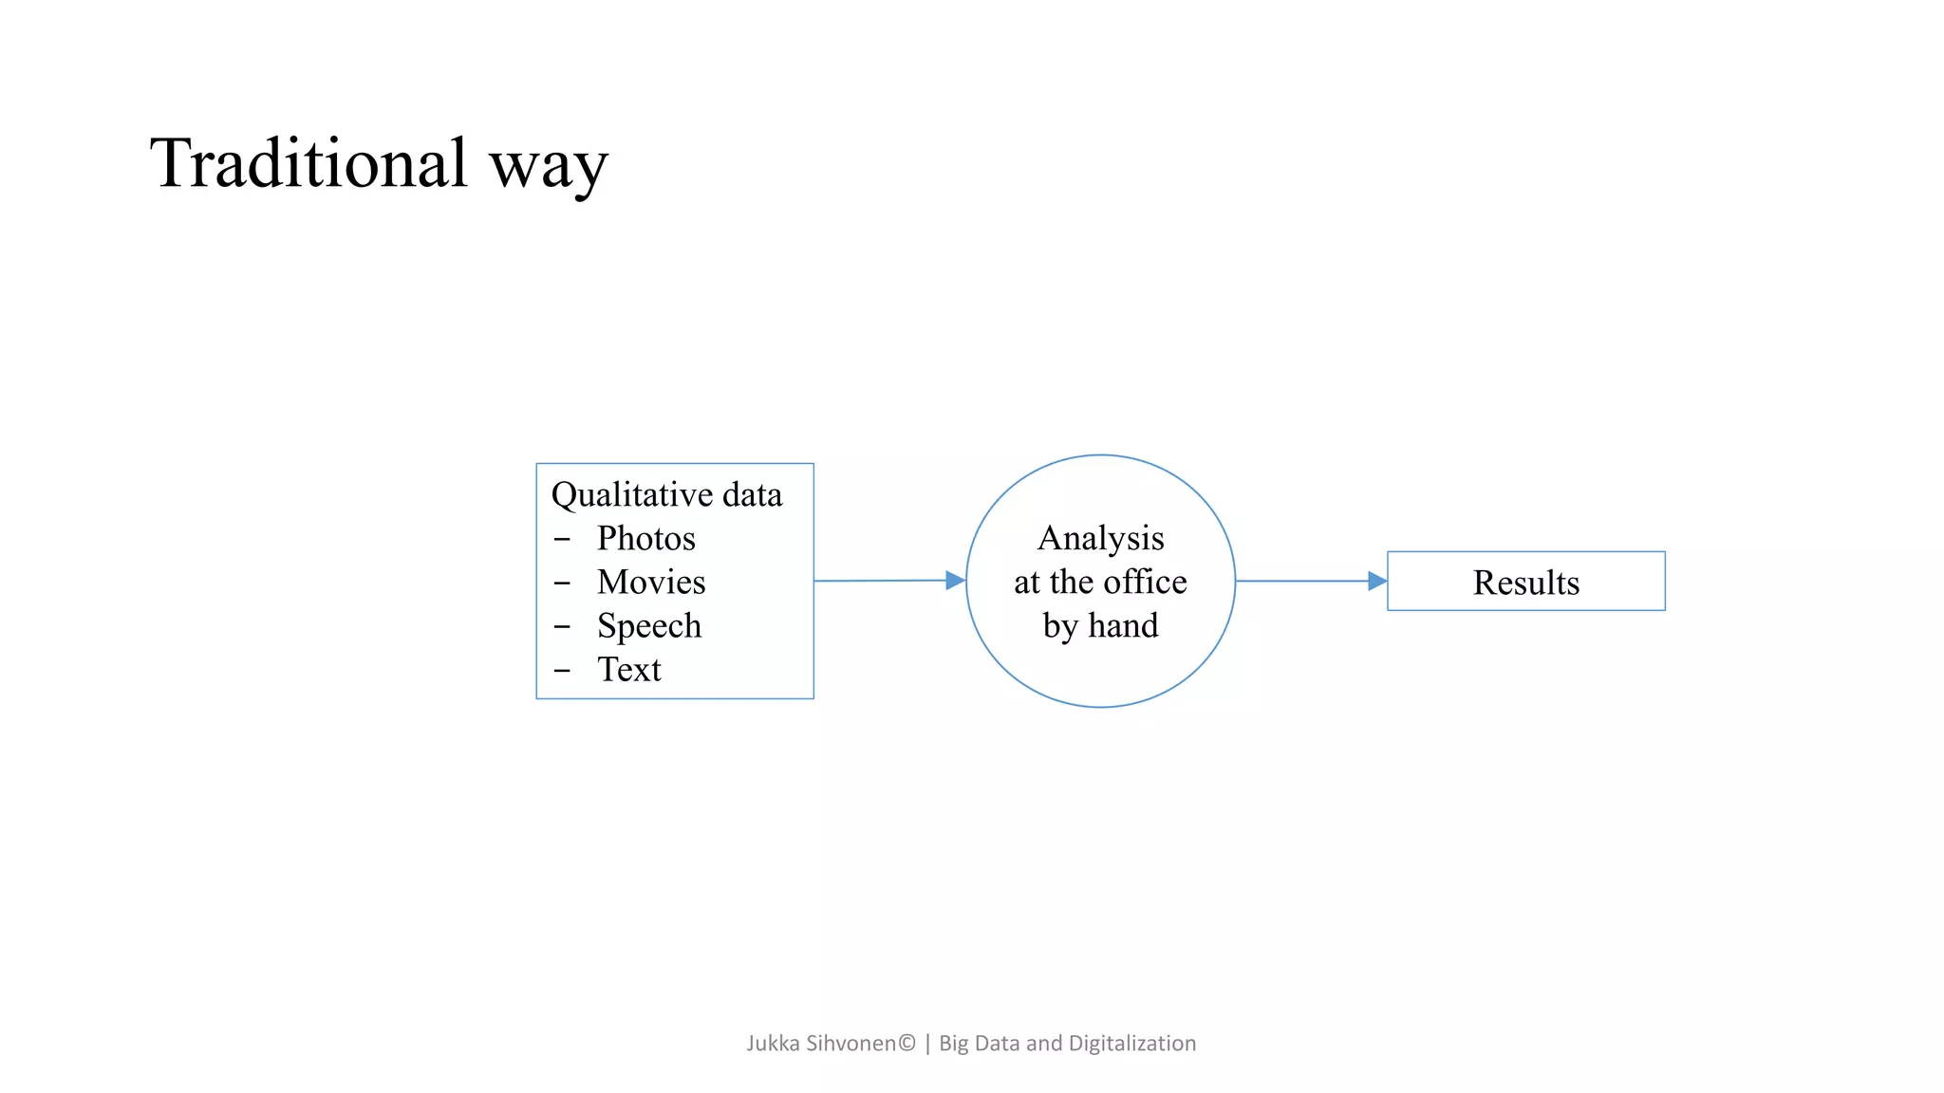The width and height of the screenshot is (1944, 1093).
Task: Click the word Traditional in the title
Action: (x=308, y=163)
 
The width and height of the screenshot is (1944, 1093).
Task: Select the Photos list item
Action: (x=645, y=539)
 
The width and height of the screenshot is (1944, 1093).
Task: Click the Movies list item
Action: (x=651, y=583)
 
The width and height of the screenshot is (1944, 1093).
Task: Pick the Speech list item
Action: (x=649, y=626)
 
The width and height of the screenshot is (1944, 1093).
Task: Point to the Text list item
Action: (x=628, y=670)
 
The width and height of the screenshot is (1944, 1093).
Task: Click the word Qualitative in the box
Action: (x=632, y=495)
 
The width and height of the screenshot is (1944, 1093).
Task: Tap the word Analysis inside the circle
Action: (x=1100, y=539)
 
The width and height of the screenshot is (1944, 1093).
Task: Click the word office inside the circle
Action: (x=1145, y=582)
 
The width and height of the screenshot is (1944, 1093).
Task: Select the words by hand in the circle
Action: (x=1100, y=626)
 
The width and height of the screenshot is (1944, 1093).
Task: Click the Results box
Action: (x=1525, y=582)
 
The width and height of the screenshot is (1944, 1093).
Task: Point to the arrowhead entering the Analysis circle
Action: (x=955, y=581)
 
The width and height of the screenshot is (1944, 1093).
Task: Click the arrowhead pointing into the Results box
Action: (x=1376, y=581)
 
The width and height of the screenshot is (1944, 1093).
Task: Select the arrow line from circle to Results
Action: (x=1300, y=581)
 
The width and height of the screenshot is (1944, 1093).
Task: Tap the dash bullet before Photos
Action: (x=562, y=539)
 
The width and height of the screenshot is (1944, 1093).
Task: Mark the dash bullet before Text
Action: (x=562, y=670)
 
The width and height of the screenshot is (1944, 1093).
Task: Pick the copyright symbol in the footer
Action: (x=907, y=1043)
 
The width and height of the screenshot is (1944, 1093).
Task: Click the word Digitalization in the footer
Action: (x=1131, y=1044)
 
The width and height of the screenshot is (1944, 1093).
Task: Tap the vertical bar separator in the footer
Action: (x=927, y=1044)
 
